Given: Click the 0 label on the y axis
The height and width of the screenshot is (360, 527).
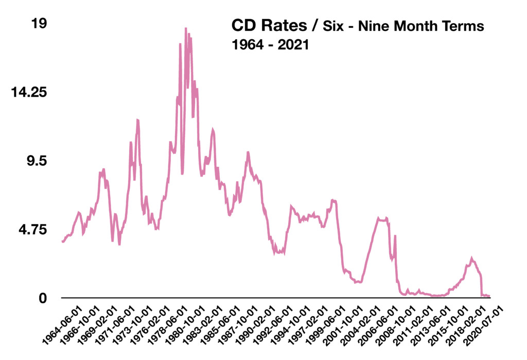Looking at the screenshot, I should coord(44,298).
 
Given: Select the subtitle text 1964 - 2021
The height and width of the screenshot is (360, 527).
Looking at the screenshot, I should coord(270,45).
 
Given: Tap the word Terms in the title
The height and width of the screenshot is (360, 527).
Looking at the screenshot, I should coord(464,26).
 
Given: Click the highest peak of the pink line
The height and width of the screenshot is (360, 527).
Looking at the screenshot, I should coord(186,29).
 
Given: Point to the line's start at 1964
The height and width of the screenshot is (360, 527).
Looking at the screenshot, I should coord(62,241).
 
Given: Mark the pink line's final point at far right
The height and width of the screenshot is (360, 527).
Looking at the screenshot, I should coord(489,297).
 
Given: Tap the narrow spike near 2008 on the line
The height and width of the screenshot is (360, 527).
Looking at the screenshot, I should coord(395,236).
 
